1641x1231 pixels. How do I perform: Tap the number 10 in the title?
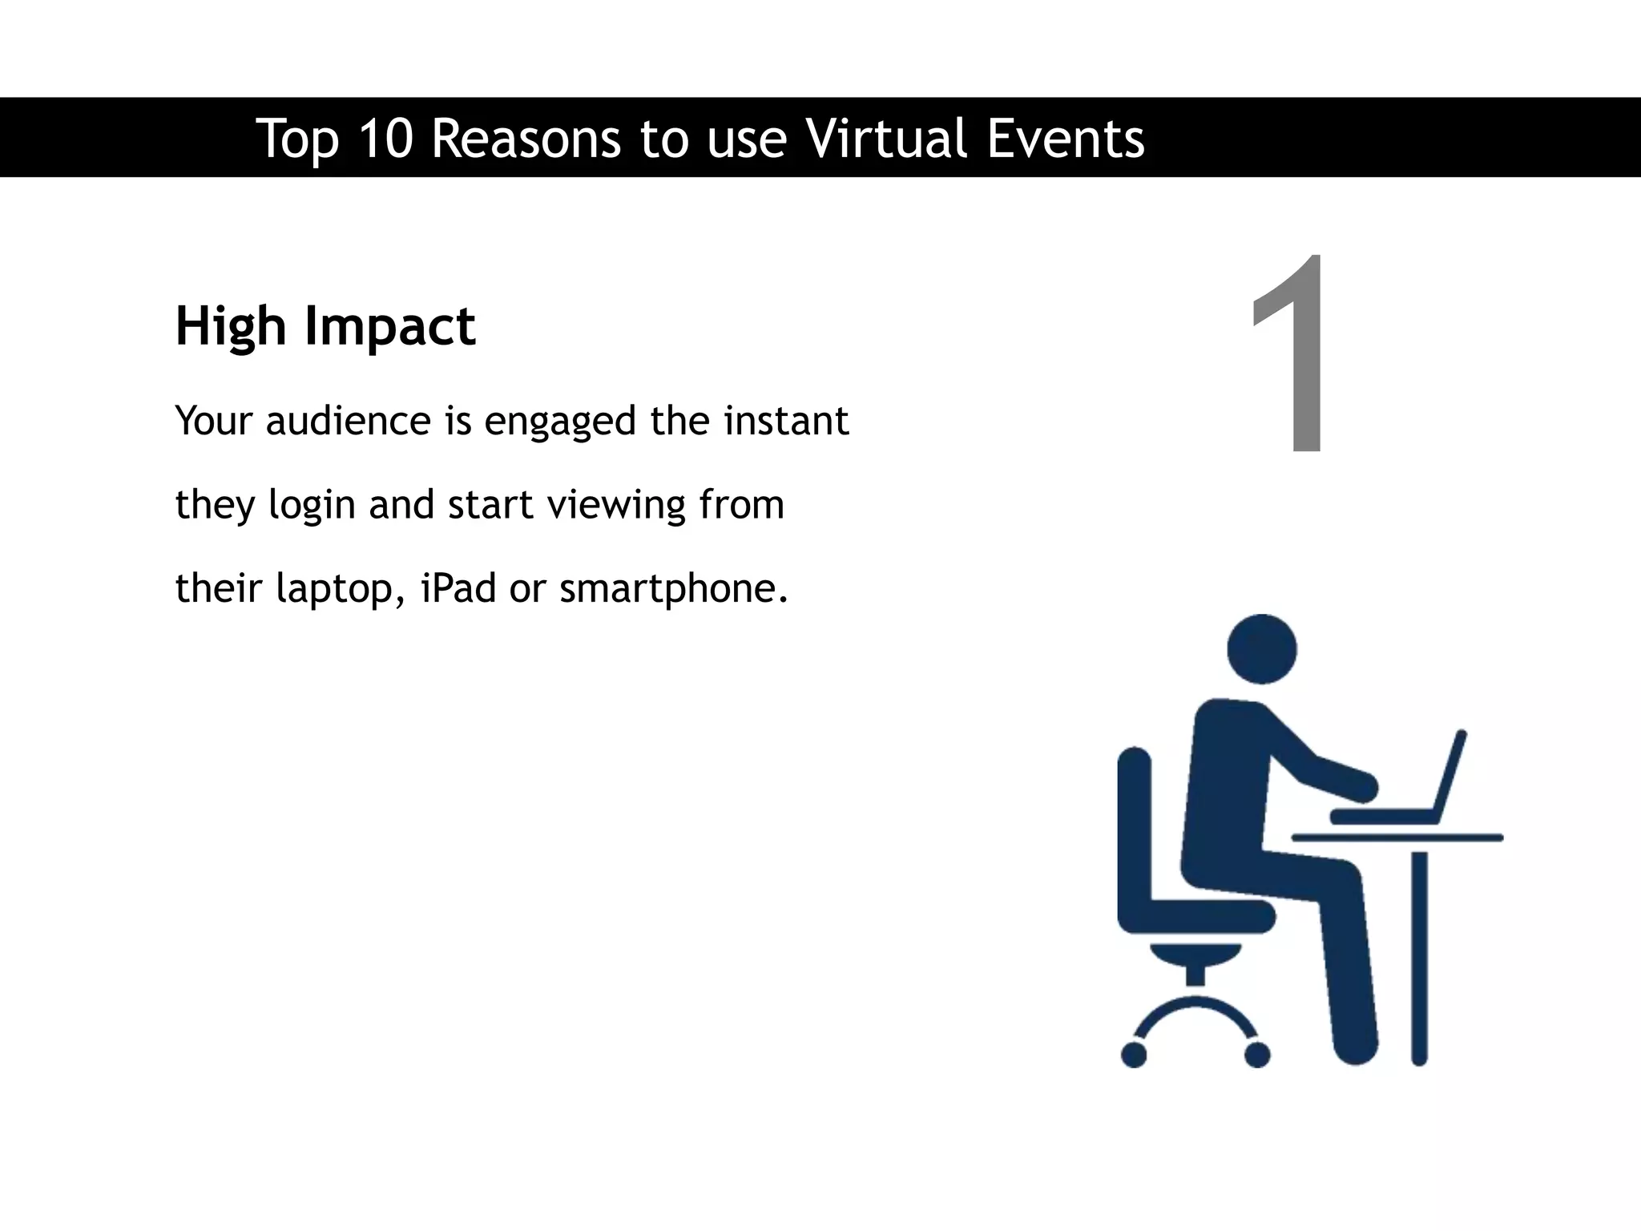[385, 138]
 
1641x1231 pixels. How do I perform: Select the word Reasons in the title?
[526, 138]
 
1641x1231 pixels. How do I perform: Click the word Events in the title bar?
[1065, 138]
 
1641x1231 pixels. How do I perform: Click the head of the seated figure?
[1262, 648]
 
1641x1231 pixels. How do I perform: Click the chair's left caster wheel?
[1134, 1055]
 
